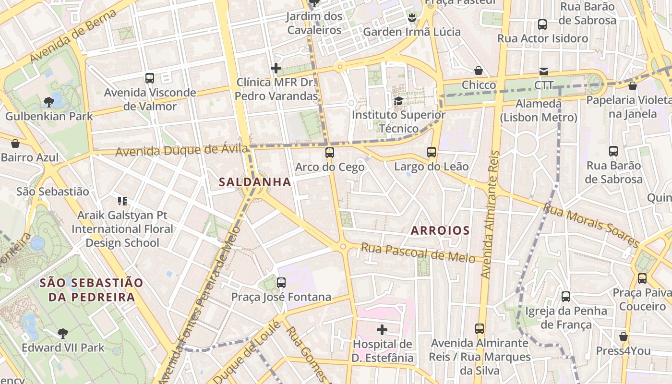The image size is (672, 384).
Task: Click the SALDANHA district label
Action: click(255, 182)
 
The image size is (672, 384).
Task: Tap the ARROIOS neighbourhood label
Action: click(440, 230)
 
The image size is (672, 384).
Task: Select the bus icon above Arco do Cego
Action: click(329, 153)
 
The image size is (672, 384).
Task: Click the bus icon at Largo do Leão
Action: click(431, 152)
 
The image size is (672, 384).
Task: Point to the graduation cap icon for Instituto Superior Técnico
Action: click(398, 101)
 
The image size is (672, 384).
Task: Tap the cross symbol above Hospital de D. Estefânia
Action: click(382, 330)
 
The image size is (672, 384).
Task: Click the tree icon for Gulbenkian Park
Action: click(48, 102)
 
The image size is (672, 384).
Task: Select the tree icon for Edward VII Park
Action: click(62, 333)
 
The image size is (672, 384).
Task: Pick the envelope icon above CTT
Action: click(543, 71)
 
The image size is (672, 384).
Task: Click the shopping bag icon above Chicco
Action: click(478, 71)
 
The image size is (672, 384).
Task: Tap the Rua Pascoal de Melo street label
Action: click(418, 252)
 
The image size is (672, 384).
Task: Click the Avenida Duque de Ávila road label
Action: click(182, 151)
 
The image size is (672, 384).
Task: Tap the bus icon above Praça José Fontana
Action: click(281, 282)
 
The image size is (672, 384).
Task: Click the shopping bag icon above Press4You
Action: click(624, 336)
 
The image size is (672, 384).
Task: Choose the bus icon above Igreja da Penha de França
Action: click(566, 296)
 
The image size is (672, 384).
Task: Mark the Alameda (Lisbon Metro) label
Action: click(538, 110)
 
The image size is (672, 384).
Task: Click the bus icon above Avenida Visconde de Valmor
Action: click(150, 78)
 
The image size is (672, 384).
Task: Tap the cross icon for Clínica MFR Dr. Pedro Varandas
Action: click(276, 68)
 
